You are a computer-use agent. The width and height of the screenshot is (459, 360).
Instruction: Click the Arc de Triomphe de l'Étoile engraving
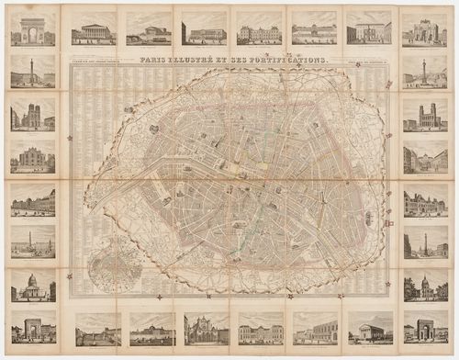(33, 28)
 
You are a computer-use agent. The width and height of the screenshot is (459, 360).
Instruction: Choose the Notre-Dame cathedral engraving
(33, 116)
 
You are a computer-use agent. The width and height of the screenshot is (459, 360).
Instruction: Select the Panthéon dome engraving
(33, 286)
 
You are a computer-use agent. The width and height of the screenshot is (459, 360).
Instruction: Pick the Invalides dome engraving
(425, 286)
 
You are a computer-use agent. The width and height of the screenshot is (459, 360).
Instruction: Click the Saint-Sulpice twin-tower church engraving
(425, 116)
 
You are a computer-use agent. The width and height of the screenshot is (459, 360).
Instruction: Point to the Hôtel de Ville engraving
(425, 201)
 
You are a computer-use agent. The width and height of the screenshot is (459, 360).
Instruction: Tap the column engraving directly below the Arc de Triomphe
(33, 72)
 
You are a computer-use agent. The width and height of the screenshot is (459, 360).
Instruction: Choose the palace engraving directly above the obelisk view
(33, 201)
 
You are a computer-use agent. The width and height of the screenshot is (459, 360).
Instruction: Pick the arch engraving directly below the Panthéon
(33, 328)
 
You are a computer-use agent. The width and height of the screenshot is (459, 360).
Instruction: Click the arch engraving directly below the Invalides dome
(425, 328)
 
